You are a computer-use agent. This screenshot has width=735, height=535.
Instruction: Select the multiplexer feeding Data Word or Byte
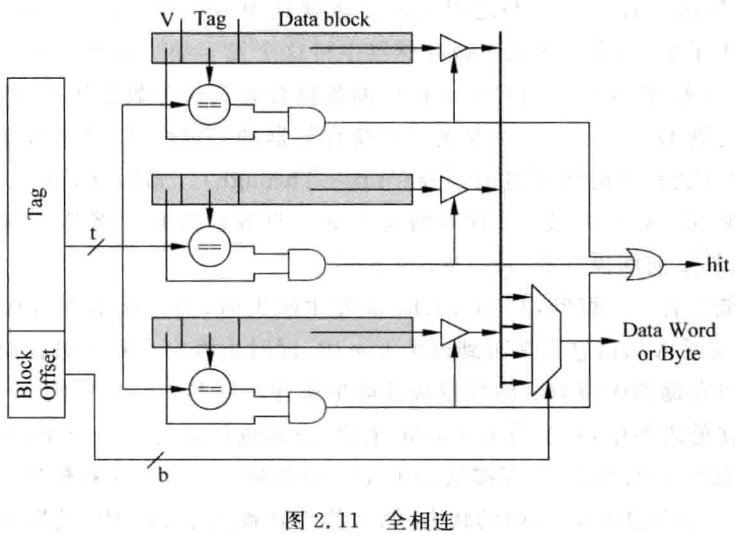click(546, 340)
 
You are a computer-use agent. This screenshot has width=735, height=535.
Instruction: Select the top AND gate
click(307, 121)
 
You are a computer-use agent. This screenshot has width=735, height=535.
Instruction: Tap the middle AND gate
click(307, 264)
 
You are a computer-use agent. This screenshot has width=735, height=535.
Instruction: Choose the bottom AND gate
click(307, 407)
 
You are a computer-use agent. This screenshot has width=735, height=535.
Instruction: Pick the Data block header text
click(324, 19)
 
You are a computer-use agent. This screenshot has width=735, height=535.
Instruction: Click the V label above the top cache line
click(167, 20)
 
